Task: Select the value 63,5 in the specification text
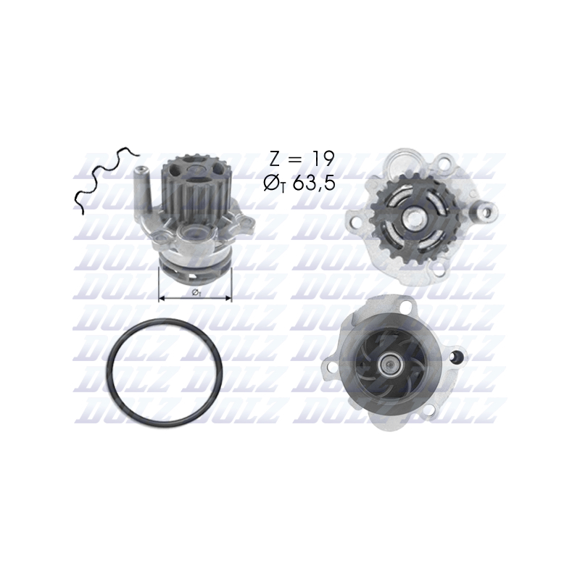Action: pyautogui.click(x=314, y=184)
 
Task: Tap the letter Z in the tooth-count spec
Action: pyautogui.click(x=276, y=159)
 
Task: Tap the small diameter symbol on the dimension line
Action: pyautogui.click(x=196, y=292)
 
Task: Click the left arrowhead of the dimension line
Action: pyautogui.click(x=162, y=298)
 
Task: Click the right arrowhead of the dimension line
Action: pyautogui.click(x=228, y=298)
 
